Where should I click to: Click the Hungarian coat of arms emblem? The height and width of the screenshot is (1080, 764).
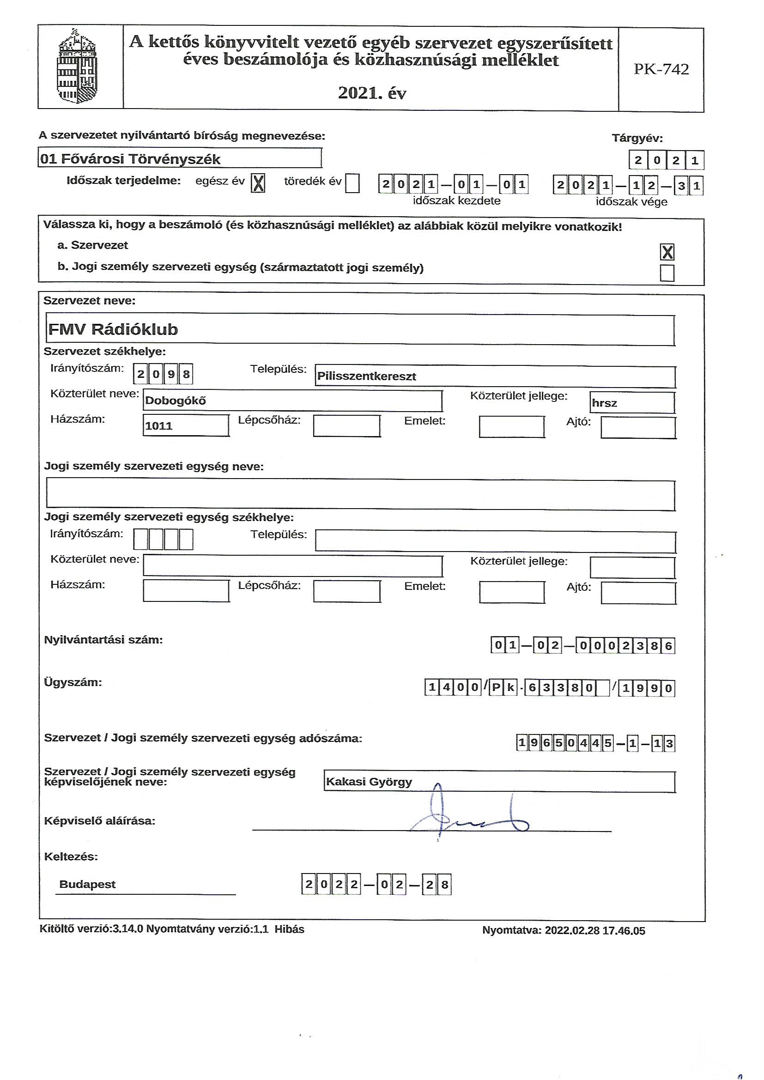point(79,67)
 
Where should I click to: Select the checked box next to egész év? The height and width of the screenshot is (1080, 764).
point(257,183)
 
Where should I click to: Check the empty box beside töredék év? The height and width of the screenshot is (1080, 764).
point(352,183)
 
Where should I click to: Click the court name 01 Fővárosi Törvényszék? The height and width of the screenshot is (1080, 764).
point(131,159)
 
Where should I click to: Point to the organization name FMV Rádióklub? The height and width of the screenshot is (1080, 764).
point(113,329)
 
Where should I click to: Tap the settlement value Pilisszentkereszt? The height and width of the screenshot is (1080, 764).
point(366,376)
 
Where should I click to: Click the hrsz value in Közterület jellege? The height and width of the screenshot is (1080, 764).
point(605,403)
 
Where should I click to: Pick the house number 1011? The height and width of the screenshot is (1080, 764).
point(159,426)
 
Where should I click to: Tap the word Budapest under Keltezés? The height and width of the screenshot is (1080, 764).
point(87,884)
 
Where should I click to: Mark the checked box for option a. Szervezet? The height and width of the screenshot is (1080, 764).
point(667,253)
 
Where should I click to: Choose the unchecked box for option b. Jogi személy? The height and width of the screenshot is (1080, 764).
point(667,273)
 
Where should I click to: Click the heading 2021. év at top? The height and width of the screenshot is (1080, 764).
point(372,93)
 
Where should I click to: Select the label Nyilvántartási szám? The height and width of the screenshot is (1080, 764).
point(103,640)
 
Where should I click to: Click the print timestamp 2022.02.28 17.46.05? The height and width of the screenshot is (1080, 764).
point(594,931)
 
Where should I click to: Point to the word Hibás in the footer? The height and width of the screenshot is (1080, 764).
point(289,929)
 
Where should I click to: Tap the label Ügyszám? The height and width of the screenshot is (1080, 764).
point(73,682)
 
